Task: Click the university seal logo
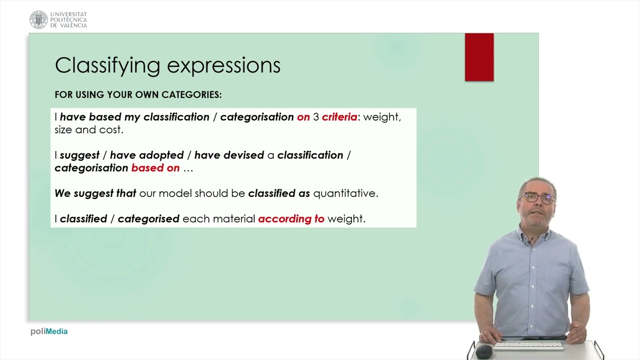[38, 19]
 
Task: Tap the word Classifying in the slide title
[107, 65]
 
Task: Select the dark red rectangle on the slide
[479, 57]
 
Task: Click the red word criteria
[339, 117]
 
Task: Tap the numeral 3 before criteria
[315, 117]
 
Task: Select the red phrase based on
[155, 167]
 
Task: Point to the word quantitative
[345, 193]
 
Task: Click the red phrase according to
[291, 219]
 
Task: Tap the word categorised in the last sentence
[148, 219]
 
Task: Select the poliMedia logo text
[49, 331]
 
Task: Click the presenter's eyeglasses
[537, 198]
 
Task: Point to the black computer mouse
[483, 350]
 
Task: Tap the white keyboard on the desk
[528, 346]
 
